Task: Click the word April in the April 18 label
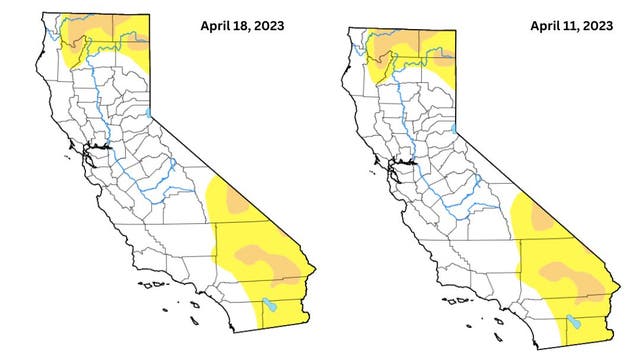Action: pyautogui.click(x=215, y=24)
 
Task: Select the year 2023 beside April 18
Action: pyautogui.click(x=272, y=24)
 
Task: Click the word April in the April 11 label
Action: pyautogui.click(x=546, y=24)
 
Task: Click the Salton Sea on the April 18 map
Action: pyautogui.click(x=267, y=305)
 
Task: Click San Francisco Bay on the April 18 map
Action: pyautogui.click(x=89, y=155)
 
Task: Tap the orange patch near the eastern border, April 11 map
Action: pyautogui.click(x=541, y=217)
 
